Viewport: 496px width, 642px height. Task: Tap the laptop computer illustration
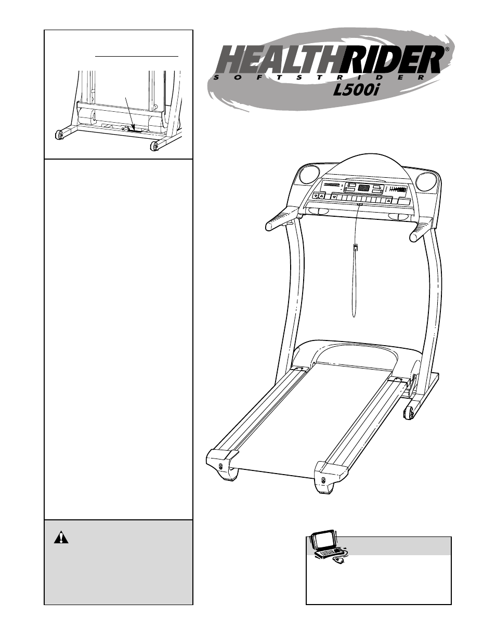click(325, 545)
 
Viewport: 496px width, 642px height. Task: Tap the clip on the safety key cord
click(355, 247)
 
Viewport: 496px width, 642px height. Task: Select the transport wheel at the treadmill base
click(409, 412)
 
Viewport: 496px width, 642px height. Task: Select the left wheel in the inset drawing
click(60, 136)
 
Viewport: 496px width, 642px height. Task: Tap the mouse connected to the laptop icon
click(339, 561)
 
